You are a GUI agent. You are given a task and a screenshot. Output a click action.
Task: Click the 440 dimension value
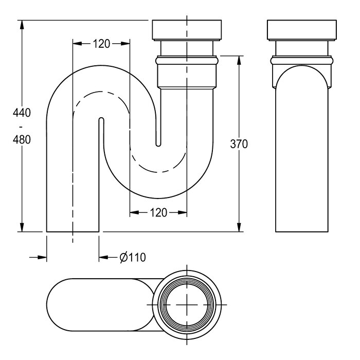[x=22, y=113]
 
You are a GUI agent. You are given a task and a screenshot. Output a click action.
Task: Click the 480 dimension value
[x=22, y=139]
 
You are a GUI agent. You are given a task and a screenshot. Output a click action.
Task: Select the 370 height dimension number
[x=239, y=144]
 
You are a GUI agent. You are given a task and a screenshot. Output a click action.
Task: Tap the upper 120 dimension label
[x=101, y=44]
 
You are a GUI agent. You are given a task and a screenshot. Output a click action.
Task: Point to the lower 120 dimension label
[x=158, y=212]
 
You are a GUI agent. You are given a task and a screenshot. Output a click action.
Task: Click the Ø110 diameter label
[x=133, y=257]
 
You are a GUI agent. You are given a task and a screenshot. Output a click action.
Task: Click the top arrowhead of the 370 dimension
[x=239, y=60]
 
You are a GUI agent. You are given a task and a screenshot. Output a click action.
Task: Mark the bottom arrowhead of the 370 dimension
[x=239, y=227]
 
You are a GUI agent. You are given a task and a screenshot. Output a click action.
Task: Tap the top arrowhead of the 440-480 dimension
[x=22, y=25]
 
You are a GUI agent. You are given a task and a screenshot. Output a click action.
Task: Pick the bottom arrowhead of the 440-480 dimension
[x=22, y=227]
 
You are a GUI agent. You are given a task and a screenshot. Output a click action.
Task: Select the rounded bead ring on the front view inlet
[x=187, y=61]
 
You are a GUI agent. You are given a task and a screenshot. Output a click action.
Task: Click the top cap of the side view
[x=302, y=30]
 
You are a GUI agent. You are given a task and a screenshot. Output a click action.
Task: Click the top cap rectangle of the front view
[x=187, y=30]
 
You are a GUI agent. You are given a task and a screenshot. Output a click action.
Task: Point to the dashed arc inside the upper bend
[x=101, y=92]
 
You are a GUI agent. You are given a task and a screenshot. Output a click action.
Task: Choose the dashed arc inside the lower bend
[x=158, y=172]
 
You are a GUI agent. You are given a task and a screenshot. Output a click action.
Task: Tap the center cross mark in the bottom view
[x=187, y=305]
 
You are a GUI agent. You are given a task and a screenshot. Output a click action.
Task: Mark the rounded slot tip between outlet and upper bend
[x=101, y=119]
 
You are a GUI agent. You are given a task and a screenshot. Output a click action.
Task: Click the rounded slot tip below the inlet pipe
[x=158, y=145]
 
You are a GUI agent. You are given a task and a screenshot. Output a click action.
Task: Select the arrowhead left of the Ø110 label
[x=103, y=257]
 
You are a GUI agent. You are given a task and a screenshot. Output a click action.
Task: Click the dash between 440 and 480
[x=22, y=127]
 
